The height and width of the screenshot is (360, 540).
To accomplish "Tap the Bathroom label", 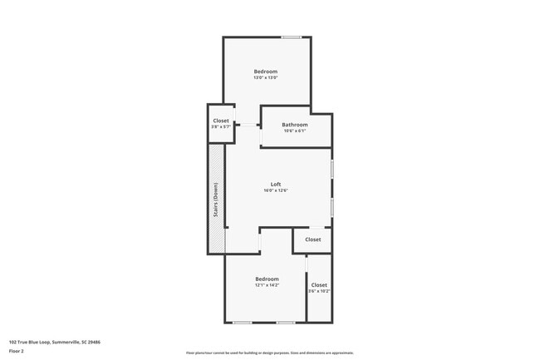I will pyautogui.click(x=295, y=126).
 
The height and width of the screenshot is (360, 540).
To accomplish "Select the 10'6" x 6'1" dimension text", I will pyautogui.click(x=295, y=131).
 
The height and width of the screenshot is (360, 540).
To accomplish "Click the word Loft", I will pyautogui.click(x=276, y=184).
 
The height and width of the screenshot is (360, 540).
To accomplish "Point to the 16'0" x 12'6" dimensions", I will pyautogui.click(x=276, y=190).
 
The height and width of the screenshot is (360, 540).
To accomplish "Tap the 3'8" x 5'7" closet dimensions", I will pyautogui.click(x=221, y=127).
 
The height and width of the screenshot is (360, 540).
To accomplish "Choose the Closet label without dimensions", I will pyautogui.click(x=312, y=239).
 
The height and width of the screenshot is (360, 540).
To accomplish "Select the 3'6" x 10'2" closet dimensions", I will pyautogui.click(x=319, y=291).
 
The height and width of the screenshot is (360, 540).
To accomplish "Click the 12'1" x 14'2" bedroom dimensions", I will pyautogui.click(x=267, y=285).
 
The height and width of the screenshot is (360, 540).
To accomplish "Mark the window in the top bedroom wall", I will pyautogui.click(x=291, y=37).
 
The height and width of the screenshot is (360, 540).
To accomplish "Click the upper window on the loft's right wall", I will pyautogui.click(x=332, y=168).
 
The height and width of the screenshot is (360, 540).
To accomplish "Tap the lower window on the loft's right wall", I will pyautogui.click(x=332, y=206).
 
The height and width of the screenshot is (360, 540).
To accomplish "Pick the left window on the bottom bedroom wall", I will pyautogui.click(x=243, y=322).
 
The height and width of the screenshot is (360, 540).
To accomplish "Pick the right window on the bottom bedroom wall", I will pyautogui.click(x=286, y=322).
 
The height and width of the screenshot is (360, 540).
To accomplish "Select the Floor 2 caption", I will pyautogui.click(x=17, y=351).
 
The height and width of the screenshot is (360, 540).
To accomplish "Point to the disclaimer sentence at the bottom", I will pyautogui.click(x=270, y=353).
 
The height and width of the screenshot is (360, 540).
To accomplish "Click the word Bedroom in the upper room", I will pyautogui.click(x=266, y=72).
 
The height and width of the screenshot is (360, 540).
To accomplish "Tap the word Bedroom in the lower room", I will pyautogui.click(x=267, y=279).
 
